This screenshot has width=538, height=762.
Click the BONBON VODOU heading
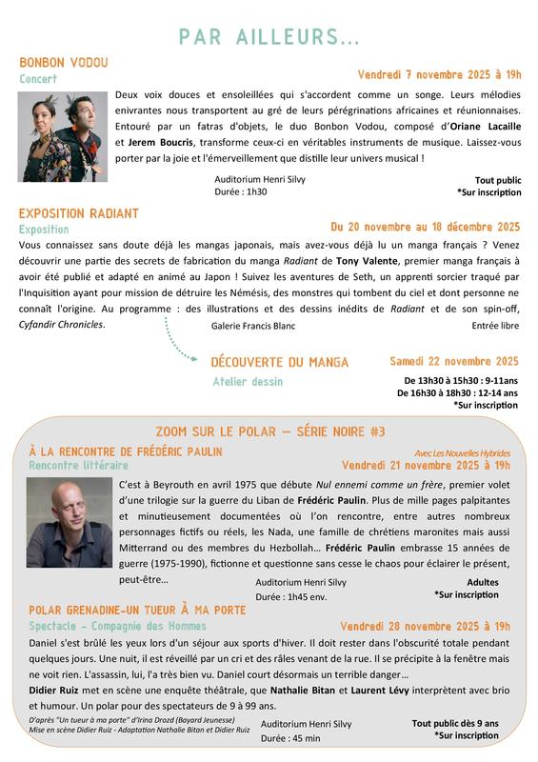[x=64, y=63]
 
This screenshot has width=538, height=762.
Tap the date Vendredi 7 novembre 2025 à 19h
[x=440, y=74]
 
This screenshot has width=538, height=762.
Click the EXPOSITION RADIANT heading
[x=79, y=213]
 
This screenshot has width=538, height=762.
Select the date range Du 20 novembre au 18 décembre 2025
[x=425, y=227]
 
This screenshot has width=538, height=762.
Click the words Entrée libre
[x=495, y=326]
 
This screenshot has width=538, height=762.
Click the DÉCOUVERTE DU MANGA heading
[x=280, y=362]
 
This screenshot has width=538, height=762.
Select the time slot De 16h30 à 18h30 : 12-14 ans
[x=458, y=392]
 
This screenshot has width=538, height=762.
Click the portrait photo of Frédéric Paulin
[x=69, y=523]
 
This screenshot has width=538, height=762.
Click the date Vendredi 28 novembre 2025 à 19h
[x=426, y=626]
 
